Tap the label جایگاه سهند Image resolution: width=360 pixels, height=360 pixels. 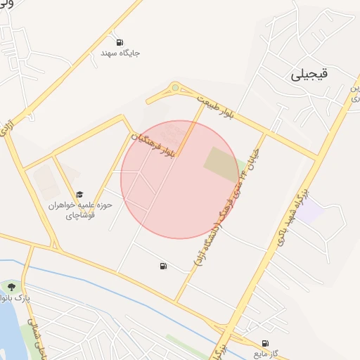[117, 53]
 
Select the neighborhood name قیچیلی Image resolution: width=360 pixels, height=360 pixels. [312, 75]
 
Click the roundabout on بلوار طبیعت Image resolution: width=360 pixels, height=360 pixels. [175, 88]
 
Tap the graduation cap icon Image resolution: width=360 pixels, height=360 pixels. [79, 193]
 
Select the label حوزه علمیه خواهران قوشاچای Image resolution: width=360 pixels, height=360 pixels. [81, 210]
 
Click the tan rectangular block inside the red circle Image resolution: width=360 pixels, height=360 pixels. [221, 165]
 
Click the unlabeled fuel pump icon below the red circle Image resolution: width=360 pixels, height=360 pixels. [164, 266]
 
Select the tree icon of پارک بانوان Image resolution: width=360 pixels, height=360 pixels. [11, 286]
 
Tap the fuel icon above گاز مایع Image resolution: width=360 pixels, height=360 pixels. [264, 342]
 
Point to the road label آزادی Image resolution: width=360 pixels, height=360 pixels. [9, 127]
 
